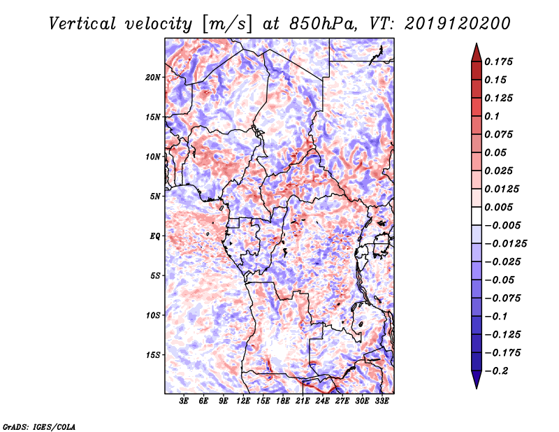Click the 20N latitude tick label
point(153,78)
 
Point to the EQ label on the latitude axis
point(155,236)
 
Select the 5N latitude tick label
point(155,196)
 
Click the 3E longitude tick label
point(184,401)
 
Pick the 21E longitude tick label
point(303,401)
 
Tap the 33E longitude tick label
point(382,401)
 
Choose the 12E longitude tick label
point(243,401)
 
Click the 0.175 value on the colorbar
point(498,62)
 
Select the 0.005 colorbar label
point(498,207)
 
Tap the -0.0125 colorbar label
point(506,244)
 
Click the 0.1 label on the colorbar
point(492,116)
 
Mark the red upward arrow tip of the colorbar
point(477,44)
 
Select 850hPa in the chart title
point(323,24)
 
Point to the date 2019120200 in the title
point(458,24)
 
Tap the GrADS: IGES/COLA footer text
point(39,426)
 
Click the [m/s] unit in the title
point(227,24)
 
